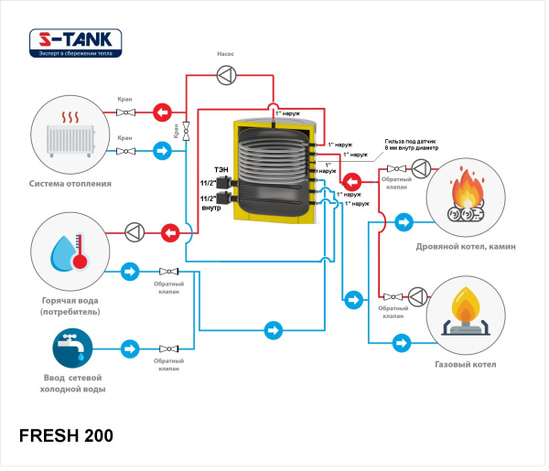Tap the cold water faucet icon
click(x=70, y=350)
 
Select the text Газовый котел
click(x=465, y=365)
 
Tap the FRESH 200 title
click(x=66, y=435)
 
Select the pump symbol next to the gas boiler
click(x=419, y=295)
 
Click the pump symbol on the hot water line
click(x=135, y=232)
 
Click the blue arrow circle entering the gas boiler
click(x=401, y=342)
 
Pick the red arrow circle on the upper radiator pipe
click(x=162, y=112)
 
